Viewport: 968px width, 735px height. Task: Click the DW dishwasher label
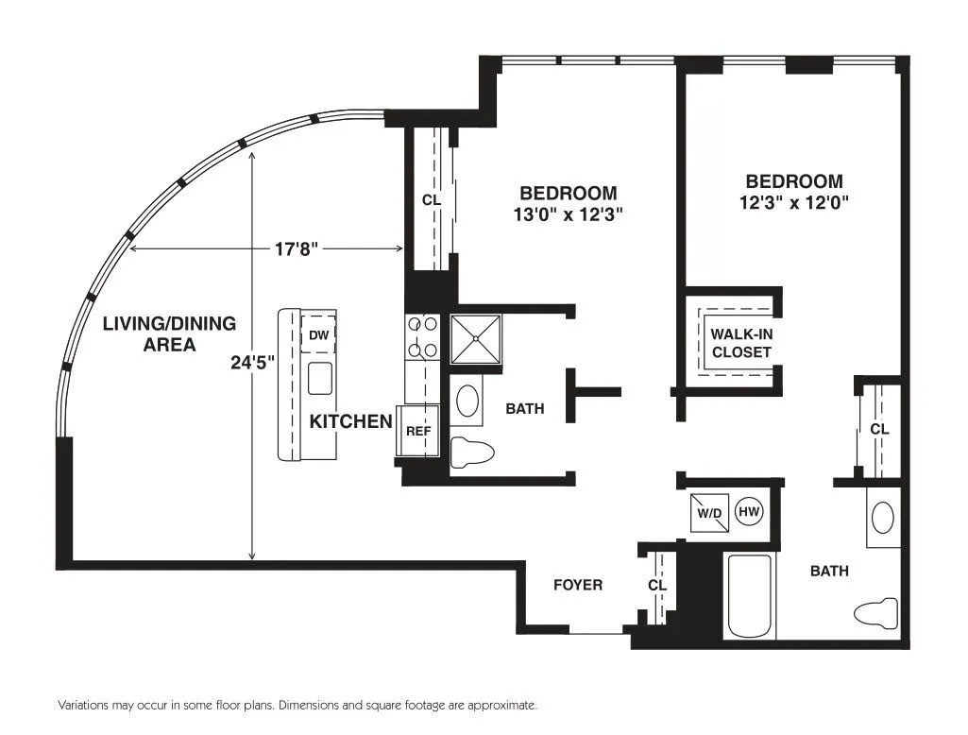tap(319, 333)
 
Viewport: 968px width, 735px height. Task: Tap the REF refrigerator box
tap(417, 431)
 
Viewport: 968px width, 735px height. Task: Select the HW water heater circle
tap(749, 512)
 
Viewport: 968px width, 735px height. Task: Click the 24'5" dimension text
tap(251, 363)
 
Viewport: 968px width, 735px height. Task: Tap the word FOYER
tap(577, 585)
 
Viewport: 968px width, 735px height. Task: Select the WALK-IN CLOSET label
tap(740, 343)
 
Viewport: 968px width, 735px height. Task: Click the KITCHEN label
tap(350, 421)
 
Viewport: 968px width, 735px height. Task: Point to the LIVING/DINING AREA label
tap(169, 333)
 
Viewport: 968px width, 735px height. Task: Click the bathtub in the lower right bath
tap(750, 596)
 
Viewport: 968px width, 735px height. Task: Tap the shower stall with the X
tap(476, 339)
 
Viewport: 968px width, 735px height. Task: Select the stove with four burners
tap(420, 337)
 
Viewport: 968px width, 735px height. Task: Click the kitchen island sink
tap(320, 378)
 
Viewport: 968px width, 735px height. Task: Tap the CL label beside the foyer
tap(657, 585)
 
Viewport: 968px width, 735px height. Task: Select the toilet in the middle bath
tap(471, 453)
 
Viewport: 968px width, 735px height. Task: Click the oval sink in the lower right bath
tap(882, 518)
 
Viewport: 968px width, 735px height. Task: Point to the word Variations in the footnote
tap(83, 706)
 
